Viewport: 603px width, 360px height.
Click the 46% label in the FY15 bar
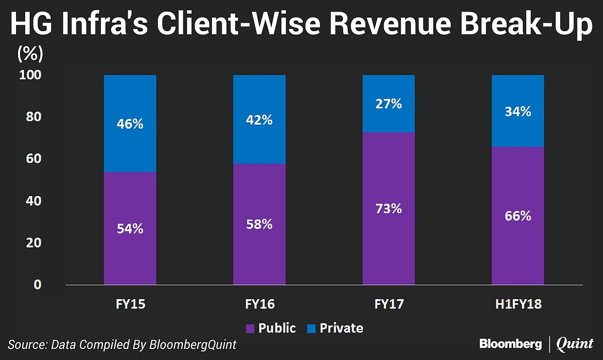pos(130,124)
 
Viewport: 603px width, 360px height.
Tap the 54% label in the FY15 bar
pos(130,228)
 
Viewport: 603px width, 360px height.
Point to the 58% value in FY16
pos(259,224)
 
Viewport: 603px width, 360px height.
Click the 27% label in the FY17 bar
pos(388,104)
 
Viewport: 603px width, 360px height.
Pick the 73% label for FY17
pos(388,208)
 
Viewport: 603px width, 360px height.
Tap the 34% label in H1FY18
pos(518,111)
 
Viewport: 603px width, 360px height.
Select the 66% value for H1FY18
pos(518,216)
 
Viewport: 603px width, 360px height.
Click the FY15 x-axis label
pos(130,304)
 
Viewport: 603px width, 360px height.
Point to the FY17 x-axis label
pos(388,304)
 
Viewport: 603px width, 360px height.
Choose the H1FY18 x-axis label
pos(518,304)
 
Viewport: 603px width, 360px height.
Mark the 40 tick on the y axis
pos(33,201)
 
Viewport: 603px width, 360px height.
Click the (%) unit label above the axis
pos(31,52)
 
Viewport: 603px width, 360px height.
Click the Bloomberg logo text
pos(510,344)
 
